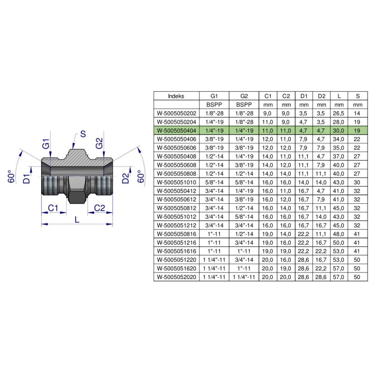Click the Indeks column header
(x=176, y=96)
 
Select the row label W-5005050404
(x=176, y=130)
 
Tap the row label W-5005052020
(x=176, y=277)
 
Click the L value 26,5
(x=339, y=113)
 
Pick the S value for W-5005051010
(x=358, y=182)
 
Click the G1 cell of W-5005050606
(x=213, y=147)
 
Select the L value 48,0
(x=339, y=234)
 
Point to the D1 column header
(x=304, y=96)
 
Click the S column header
(x=358, y=96)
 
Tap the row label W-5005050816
(x=176, y=234)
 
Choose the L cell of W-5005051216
(x=339, y=242)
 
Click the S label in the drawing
(x=83, y=134)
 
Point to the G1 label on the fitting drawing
(x=46, y=144)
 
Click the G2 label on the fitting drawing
(x=100, y=144)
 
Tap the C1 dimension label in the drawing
(x=54, y=208)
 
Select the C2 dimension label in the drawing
(x=100, y=208)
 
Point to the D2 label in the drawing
(x=125, y=178)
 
